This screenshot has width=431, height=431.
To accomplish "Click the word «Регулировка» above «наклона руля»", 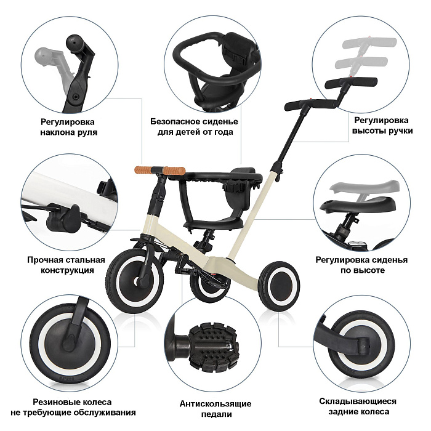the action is pyautogui.click(x=68, y=122).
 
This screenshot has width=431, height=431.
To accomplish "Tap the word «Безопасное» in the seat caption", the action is pyautogui.click(x=176, y=121).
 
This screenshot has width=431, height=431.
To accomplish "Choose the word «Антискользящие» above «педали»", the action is pyautogui.click(x=216, y=404).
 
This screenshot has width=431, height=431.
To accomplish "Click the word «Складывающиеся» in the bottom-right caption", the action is pyautogui.click(x=358, y=401).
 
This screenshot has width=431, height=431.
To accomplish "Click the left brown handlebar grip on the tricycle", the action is pyautogui.click(x=144, y=169).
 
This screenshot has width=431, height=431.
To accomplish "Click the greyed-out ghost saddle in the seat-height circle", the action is pyautogui.click(x=364, y=187).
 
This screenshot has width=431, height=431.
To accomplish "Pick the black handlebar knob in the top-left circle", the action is pyautogui.click(x=75, y=43).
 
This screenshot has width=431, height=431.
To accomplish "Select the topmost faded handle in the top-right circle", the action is pyautogui.click(x=369, y=42).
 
